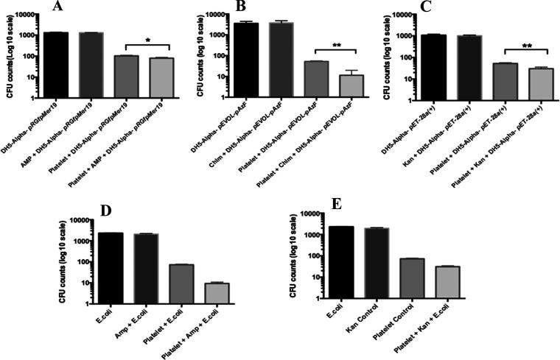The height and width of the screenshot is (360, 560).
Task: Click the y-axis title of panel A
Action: pos(6,55)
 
